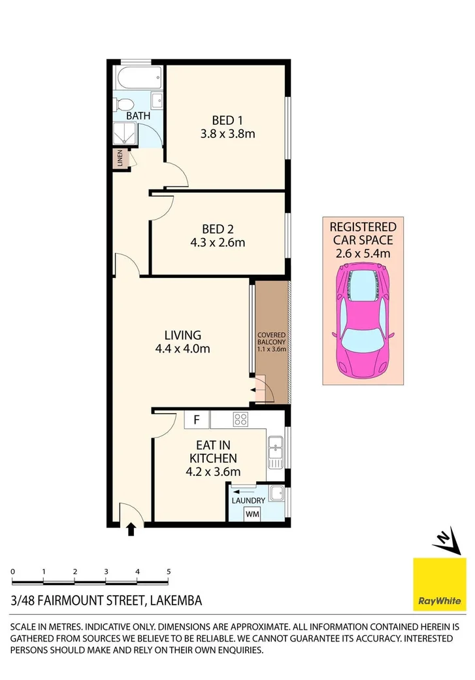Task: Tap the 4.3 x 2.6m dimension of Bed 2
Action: tap(214, 243)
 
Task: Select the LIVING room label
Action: tap(182, 335)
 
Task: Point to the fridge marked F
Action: tap(196, 419)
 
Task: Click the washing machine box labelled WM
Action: tap(252, 514)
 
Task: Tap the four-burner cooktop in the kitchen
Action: tap(240, 420)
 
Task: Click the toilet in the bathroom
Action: tap(123, 104)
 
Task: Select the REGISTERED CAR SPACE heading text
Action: tap(363, 233)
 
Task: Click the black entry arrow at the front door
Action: tap(131, 529)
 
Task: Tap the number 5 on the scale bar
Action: tap(169, 571)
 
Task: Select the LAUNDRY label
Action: tap(248, 501)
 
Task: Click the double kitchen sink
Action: tap(275, 450)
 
